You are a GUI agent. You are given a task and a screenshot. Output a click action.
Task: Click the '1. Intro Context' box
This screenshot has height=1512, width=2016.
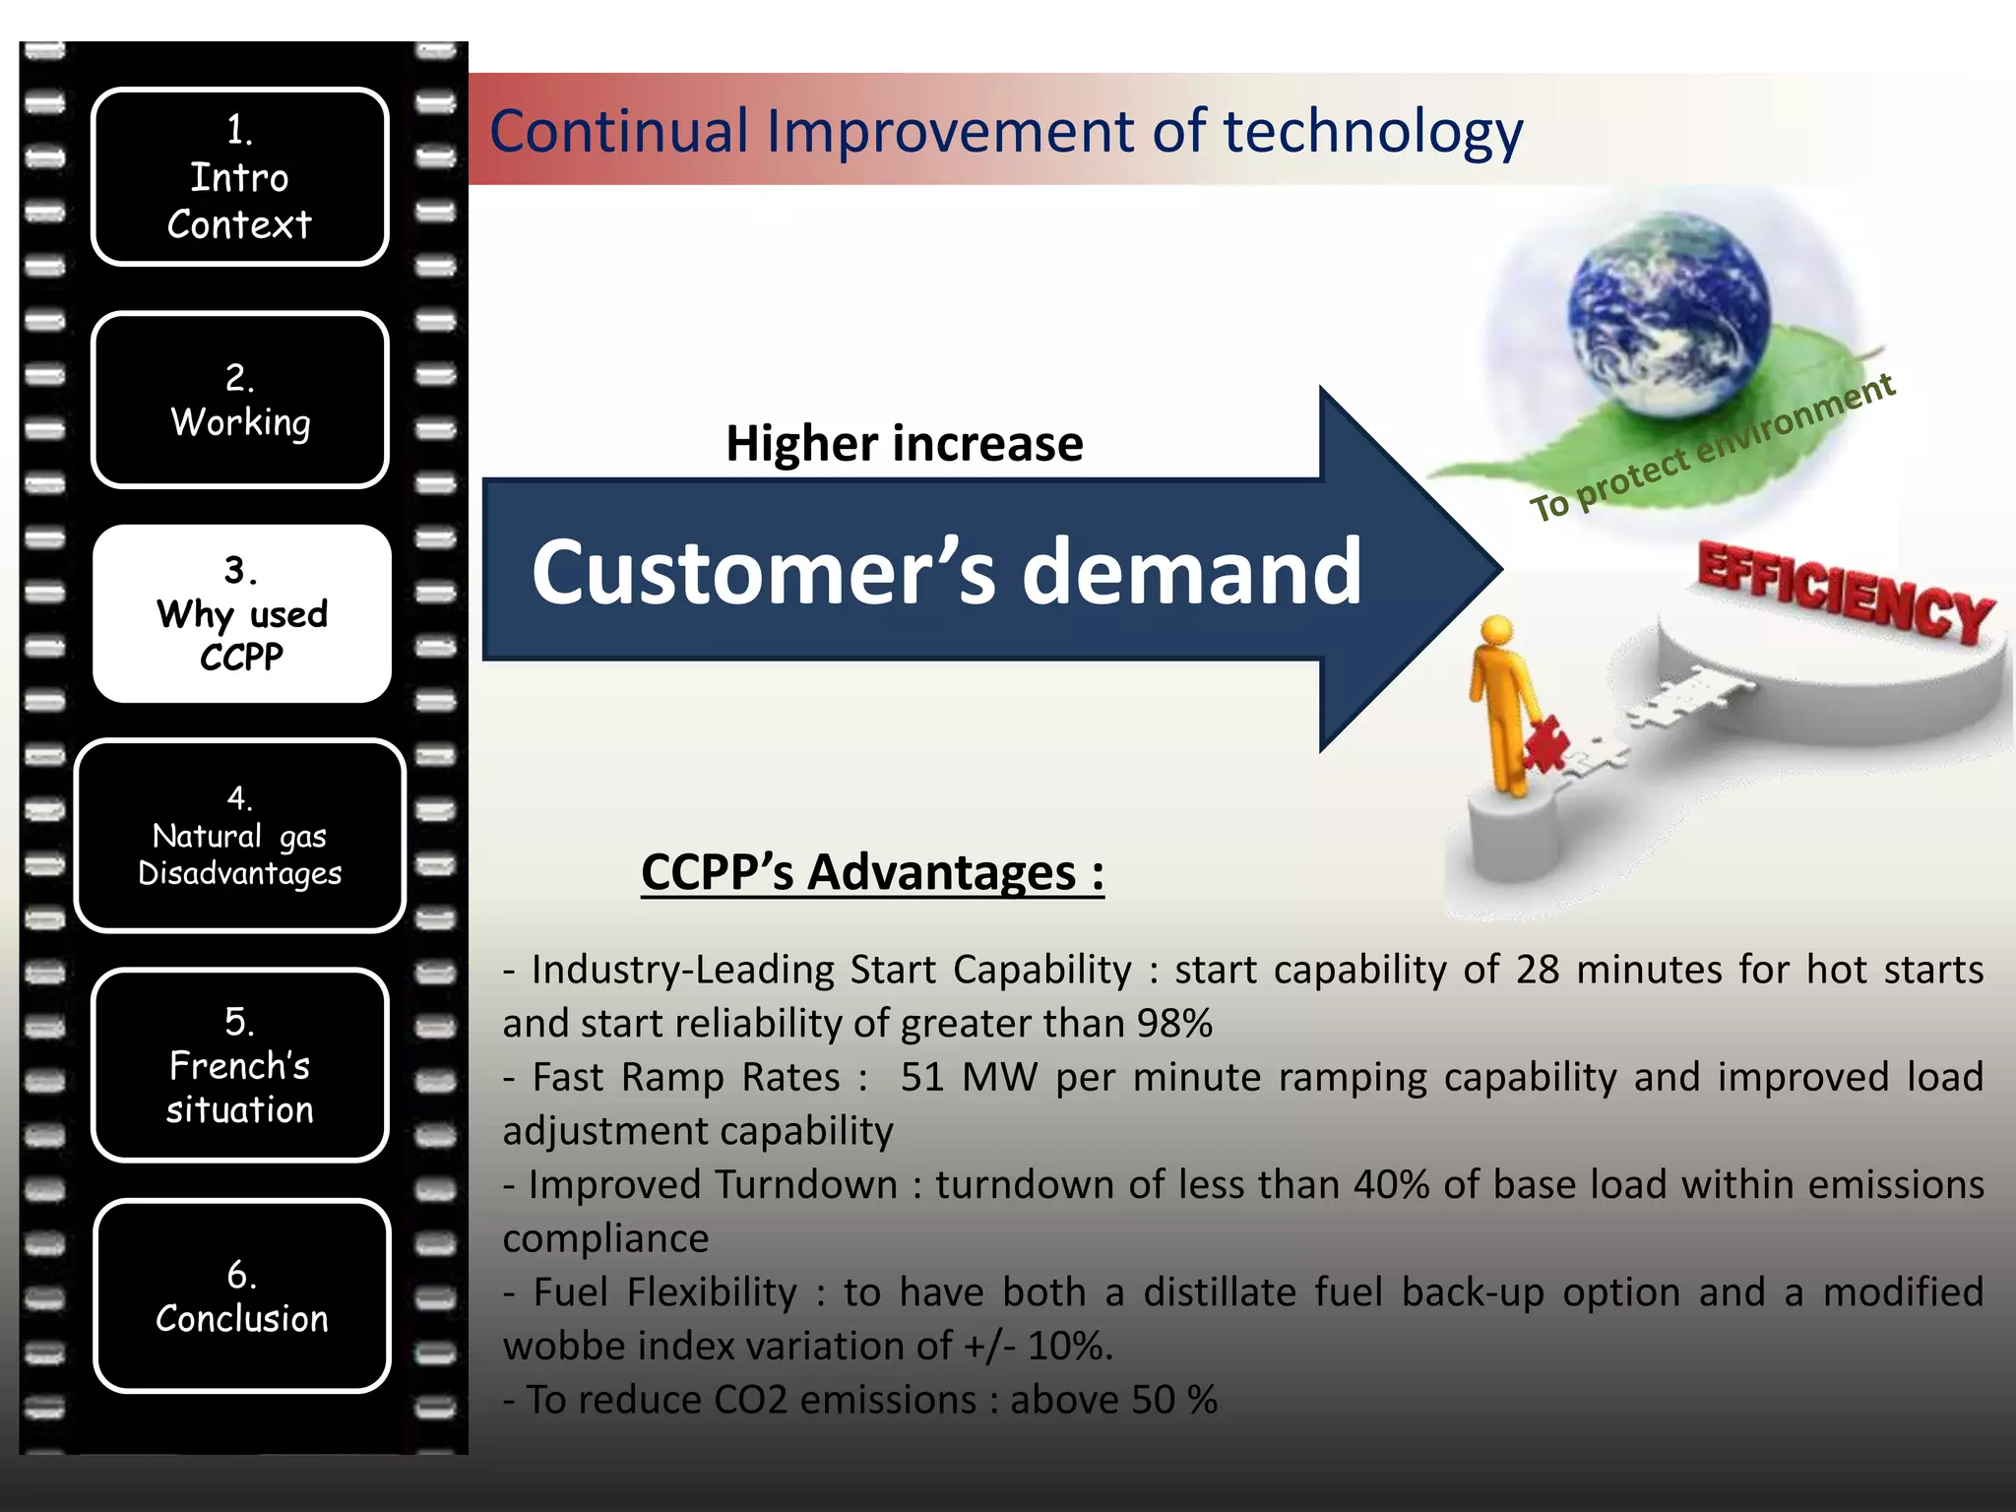point(239,177)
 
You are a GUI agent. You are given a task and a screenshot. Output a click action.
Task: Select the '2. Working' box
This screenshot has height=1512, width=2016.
point(239,400)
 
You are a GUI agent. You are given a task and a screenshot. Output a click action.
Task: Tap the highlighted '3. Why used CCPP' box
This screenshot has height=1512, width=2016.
point(241,613)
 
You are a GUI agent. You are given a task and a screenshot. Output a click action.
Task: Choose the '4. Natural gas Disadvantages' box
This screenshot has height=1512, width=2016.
point(239,836)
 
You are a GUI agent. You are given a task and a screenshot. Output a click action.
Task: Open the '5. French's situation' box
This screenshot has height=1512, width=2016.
point(239,1065)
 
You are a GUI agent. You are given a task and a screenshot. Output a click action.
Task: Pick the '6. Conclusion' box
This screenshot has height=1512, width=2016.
point(241,1295)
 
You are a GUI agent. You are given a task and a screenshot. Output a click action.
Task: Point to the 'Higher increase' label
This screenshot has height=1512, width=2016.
point(904,444)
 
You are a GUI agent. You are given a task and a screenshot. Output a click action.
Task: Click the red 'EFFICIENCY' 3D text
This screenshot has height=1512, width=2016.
point(1846,594)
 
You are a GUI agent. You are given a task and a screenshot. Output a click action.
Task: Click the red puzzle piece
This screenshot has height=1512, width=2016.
point(1546,744)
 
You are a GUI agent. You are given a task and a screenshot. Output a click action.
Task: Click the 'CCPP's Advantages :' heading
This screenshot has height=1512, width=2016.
point(871,872)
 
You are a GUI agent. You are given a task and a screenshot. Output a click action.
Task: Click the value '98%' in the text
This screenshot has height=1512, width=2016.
point(1173,1024)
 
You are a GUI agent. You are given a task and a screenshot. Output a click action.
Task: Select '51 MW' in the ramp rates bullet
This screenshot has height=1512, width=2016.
point(969,1077)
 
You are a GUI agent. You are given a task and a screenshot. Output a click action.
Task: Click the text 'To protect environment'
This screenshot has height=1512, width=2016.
point(1712,448)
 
